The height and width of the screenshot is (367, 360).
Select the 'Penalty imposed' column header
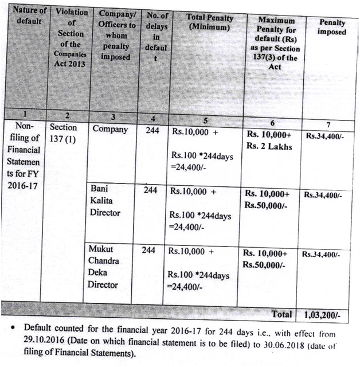(x=332, y=27)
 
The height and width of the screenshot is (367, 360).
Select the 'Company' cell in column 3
(x=110, y=129)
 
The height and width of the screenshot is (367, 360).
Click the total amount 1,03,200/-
(x=323, y=315)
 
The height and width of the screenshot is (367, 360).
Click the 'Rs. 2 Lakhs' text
(x=269, y=146)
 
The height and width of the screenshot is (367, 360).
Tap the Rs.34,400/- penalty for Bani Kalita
(x=323, y=195)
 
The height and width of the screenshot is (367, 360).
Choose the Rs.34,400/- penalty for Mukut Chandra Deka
(x=322, y=254)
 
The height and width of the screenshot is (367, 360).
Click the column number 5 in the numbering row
(x=204, y=120)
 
